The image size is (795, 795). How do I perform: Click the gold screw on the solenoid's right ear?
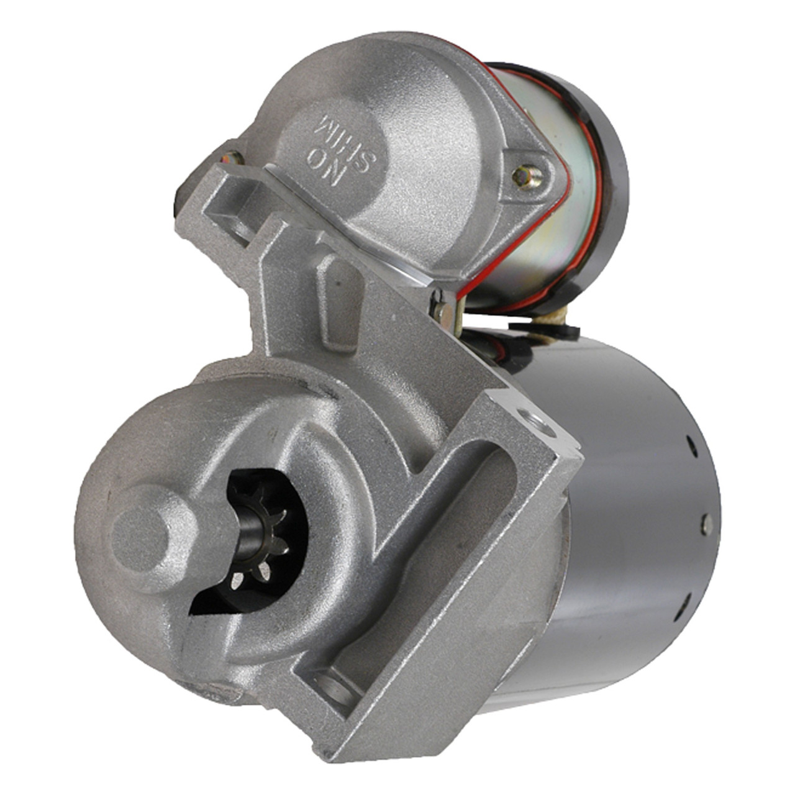[525, 176]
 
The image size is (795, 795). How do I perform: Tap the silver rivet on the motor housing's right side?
[706, 524]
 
